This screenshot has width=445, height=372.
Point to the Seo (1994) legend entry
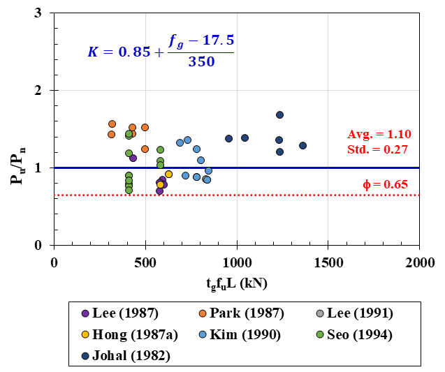coord(353,334)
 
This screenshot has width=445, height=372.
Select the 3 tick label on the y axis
coord(45,13)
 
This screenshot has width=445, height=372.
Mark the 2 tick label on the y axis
coord(45,91)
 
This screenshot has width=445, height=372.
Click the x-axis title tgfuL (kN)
coord(236,283)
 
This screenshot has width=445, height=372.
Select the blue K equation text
coord(160,51)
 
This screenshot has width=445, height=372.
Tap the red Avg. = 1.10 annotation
coord(379,135)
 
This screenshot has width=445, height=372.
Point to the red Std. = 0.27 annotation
coord(379,149)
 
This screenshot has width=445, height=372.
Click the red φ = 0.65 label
coord(386,185)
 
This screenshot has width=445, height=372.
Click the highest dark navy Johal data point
coord(279,114)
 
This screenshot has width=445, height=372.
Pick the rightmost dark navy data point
coord(302,145)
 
